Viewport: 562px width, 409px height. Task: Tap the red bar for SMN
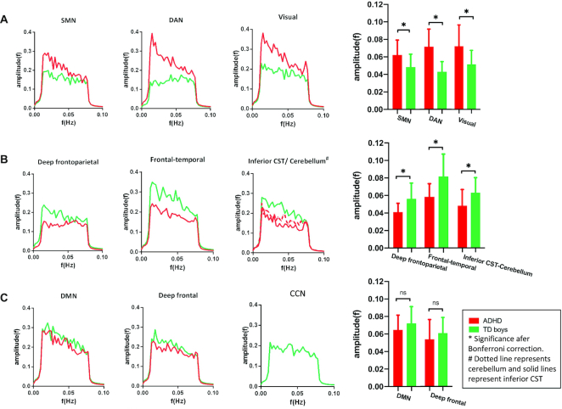tap(396, 82)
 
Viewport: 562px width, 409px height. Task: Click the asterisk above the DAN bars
tap(435, 19)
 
